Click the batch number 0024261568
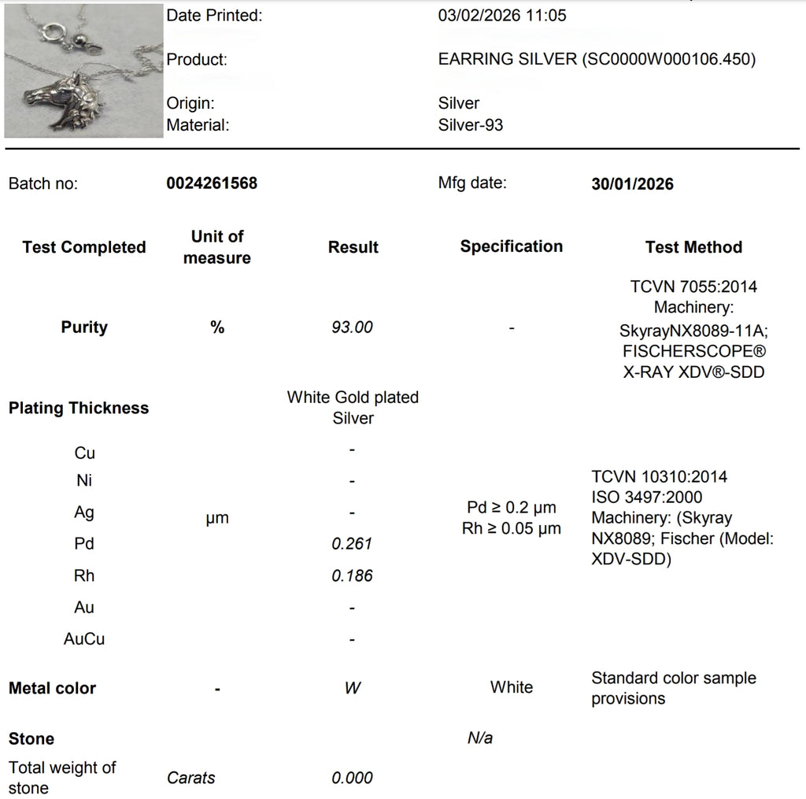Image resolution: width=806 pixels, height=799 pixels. (x=212, y=183)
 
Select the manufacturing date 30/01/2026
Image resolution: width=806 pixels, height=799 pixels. (x=632, y=183)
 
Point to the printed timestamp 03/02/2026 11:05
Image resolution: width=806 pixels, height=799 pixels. (x=501, y=16)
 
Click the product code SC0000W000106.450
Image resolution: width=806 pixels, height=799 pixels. (x=667, y=60)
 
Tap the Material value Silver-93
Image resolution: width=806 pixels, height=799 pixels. (x=470, y=124)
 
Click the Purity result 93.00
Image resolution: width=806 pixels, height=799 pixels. (x=352, y=327)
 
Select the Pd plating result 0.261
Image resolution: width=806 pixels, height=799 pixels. (x=352, y=544)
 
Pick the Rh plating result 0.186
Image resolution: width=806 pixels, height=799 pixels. (x=352, y=575)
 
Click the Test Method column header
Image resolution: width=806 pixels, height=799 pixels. (x=693, y=247)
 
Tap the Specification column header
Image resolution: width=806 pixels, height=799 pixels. (x=511, y=246)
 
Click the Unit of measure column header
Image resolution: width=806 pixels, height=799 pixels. (x=217, y=247)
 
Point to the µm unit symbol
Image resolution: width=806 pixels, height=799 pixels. (x=217, y=518)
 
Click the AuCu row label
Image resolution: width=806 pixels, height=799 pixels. (x=84, y=638)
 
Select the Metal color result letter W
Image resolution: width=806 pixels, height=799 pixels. (x=352, y=688)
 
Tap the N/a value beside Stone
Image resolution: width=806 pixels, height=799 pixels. (x=479, y=738)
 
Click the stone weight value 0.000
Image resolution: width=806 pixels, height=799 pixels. (x=352, y=778)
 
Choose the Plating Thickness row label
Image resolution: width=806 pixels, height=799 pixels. (x=79, y=408)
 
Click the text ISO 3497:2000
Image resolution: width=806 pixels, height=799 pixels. (x=646, y=498)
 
